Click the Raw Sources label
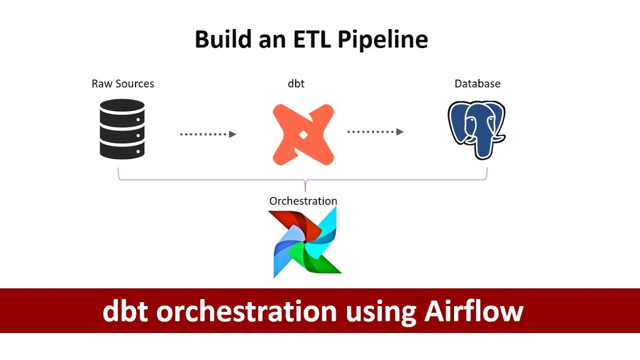coord(122,83)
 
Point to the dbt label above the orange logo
coord(296,83)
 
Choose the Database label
coord(477,83)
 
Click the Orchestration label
coord(303,201)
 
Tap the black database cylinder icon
coord(122,129)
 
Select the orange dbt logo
coord(303,134)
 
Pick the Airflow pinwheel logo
coord(304,242)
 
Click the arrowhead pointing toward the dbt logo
coord(232,134)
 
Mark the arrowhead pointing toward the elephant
coord(400,132)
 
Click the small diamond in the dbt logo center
coord(303,134)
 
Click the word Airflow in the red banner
coord(473,311)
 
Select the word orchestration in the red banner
coord(246,311)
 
